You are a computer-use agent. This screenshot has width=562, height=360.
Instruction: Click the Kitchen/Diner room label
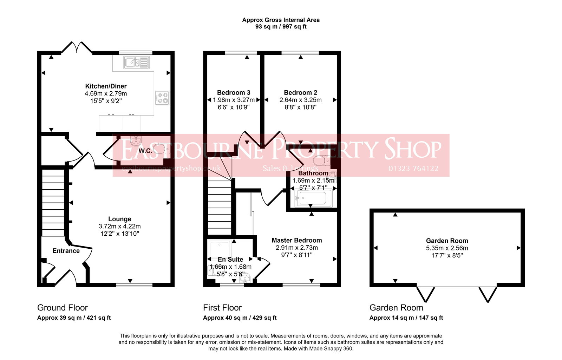coord(106,86)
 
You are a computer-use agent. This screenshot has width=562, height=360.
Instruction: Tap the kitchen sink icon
coord(136,63)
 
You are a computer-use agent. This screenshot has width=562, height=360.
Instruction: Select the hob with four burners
coord(162,98)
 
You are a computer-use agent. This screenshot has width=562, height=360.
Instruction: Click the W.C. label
coord(145,151)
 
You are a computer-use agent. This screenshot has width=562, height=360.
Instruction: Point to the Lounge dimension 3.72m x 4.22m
coord(119,227)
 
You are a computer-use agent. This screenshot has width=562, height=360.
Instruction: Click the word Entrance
coord(66,251)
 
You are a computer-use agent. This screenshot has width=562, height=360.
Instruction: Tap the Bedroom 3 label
coord(234,93)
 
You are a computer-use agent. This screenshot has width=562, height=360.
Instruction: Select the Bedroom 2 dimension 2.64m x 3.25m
coord(300,100)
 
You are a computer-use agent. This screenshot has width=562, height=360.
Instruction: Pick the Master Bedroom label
coord(297,241)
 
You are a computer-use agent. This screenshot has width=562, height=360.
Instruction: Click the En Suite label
coord(230,260)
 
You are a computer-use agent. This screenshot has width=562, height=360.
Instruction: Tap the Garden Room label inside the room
coord(447,241)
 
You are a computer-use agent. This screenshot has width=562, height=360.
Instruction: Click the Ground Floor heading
coord(63,308)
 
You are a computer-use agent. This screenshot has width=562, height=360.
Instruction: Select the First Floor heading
coord(222,308)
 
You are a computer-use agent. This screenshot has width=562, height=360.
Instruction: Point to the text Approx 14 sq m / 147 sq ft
coord(406,318)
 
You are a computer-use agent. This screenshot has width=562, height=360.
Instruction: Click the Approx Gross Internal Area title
coord(281,20)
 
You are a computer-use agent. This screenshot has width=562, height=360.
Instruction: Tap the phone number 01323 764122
coord(413,169)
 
